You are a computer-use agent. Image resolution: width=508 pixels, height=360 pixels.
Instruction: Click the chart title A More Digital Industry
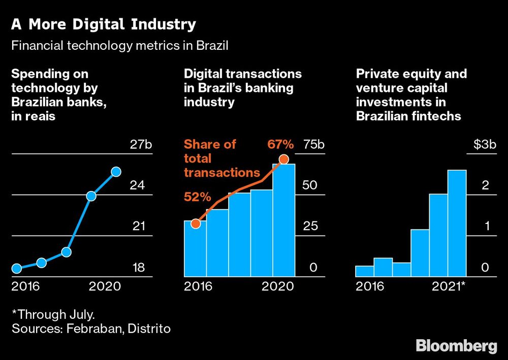[x=103, y=24]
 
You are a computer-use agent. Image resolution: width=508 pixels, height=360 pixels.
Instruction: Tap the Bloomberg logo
[x=456, y=346]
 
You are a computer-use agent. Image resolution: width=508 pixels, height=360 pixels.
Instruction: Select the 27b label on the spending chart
[x=141, y=144]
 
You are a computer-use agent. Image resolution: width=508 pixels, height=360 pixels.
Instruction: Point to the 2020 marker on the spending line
[x=116, y=172]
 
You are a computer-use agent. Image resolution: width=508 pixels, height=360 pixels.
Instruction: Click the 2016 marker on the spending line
[x=17, y=268]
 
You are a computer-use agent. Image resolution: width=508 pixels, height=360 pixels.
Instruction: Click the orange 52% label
[x=197, y=197]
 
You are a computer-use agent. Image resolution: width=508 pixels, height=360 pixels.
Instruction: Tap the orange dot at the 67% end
[x=284, y=159]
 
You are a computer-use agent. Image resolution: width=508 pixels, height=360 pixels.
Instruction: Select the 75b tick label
[x=313, y=144]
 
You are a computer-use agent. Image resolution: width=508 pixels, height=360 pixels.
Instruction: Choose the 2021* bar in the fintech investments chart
[x=457, y=223]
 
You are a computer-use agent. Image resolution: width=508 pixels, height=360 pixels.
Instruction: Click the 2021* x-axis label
[x=448, y=286]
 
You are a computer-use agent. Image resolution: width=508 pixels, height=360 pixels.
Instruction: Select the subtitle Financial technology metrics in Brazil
[x=119, y=46]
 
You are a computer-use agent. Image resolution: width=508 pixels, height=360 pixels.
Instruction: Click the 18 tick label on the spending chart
[x=138, y=268]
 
